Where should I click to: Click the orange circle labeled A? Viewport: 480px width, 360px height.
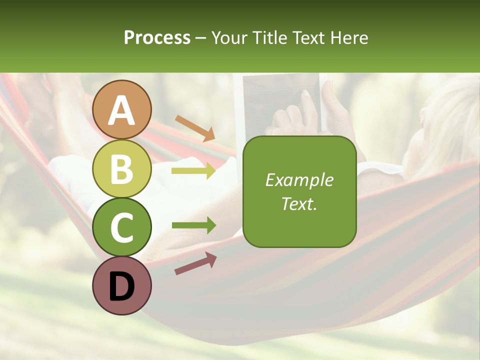[x=122, y=109]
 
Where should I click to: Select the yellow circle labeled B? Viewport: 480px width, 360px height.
[x=122, y=168]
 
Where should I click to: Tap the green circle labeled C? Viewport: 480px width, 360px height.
[x=122, y=227]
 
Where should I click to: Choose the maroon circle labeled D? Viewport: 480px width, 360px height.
[x=122, y=285]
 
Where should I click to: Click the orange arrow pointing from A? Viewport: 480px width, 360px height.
[x=194, y=128]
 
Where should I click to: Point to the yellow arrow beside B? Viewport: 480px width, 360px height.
[x=193, y=171]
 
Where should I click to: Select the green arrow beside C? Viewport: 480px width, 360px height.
[x=193, y=225]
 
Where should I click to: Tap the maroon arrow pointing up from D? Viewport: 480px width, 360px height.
[x=195, y=263]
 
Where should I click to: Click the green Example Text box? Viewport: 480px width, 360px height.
[x=299, y=192]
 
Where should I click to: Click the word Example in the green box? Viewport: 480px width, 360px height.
[x=299, y=180]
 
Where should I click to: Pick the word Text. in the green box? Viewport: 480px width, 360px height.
[x=299, y=203]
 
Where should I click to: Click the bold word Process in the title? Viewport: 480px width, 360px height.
[x=157, y=37]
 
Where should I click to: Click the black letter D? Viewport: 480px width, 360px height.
[x=122, y=286]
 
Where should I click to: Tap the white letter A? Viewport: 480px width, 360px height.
[x=122, y=110]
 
